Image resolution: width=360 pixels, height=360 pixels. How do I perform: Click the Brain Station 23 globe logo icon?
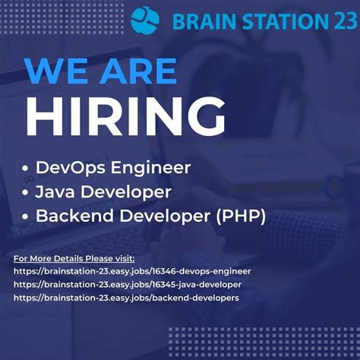(x=147, y=20)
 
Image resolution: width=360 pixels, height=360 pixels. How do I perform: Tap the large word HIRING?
(x=125, y=117)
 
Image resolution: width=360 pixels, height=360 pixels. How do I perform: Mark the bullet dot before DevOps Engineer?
(x=27, y=168)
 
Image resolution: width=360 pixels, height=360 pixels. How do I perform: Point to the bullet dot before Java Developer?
(x=27, y=192)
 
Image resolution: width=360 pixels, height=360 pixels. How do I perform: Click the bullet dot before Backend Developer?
(x=27, y=216)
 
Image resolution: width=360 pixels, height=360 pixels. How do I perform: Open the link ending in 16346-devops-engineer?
(x=132, y=270)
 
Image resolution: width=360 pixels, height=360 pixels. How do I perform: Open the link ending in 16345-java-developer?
(x=128, y=284)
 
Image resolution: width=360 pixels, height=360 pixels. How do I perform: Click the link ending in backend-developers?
(x=126, y=298)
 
